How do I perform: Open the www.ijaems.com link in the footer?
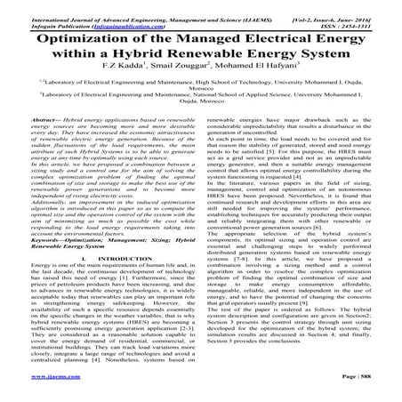(33, 393)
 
